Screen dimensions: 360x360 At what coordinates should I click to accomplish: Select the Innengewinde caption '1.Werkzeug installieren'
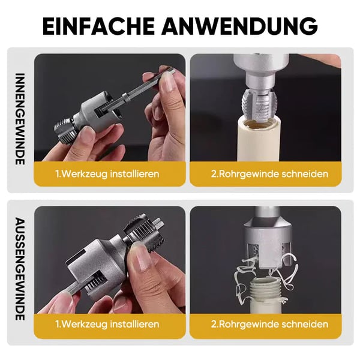coord(107,174)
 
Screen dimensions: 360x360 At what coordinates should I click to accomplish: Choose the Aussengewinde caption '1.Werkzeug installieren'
coord(107,324)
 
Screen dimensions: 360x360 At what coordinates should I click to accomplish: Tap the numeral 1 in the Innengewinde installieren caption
coord(58,174)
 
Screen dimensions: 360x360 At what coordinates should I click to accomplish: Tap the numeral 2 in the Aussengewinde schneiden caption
coord(214,324)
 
